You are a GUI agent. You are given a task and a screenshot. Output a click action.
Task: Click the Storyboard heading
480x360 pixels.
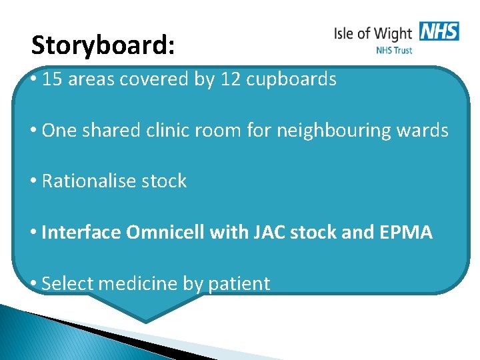coord(103,45)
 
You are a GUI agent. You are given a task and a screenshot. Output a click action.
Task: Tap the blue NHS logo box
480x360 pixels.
coord(439,31)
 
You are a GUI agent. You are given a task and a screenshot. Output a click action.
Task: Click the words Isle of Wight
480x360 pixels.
coord(373,33)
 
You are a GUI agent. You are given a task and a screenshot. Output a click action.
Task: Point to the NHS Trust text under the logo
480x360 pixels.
coord(394,50)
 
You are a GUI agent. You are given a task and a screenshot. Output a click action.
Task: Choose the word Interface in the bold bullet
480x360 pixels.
coord(80,233)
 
